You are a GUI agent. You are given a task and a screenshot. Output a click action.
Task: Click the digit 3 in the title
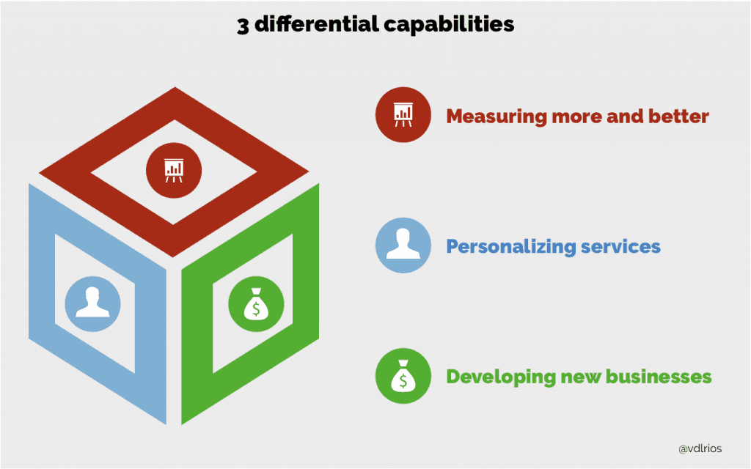[243, 26]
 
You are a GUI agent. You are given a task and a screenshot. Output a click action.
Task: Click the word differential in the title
[316, 24]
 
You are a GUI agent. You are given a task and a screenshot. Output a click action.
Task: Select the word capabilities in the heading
[449, 25]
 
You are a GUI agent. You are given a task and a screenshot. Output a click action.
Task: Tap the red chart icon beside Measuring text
[403, 115]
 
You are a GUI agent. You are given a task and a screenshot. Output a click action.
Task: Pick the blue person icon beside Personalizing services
[403, 245]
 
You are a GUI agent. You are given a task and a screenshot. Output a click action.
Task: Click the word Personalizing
[511, 247]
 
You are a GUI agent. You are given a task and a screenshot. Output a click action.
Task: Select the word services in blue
[620, 246]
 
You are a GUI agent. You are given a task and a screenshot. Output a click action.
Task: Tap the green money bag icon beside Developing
[403, 376]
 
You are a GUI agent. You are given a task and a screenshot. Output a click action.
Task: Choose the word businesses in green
[659, 377]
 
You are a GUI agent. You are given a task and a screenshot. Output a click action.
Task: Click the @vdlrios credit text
[700, 449]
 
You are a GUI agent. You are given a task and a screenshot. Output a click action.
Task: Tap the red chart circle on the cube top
[174, 170]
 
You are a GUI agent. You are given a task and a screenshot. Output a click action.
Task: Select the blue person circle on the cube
[93, 304]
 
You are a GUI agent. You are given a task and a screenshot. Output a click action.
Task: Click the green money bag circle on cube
[256, 304]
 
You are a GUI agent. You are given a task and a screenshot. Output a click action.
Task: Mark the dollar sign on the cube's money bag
[256, 309]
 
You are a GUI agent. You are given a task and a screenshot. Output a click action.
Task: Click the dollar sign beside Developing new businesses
[403, 381]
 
